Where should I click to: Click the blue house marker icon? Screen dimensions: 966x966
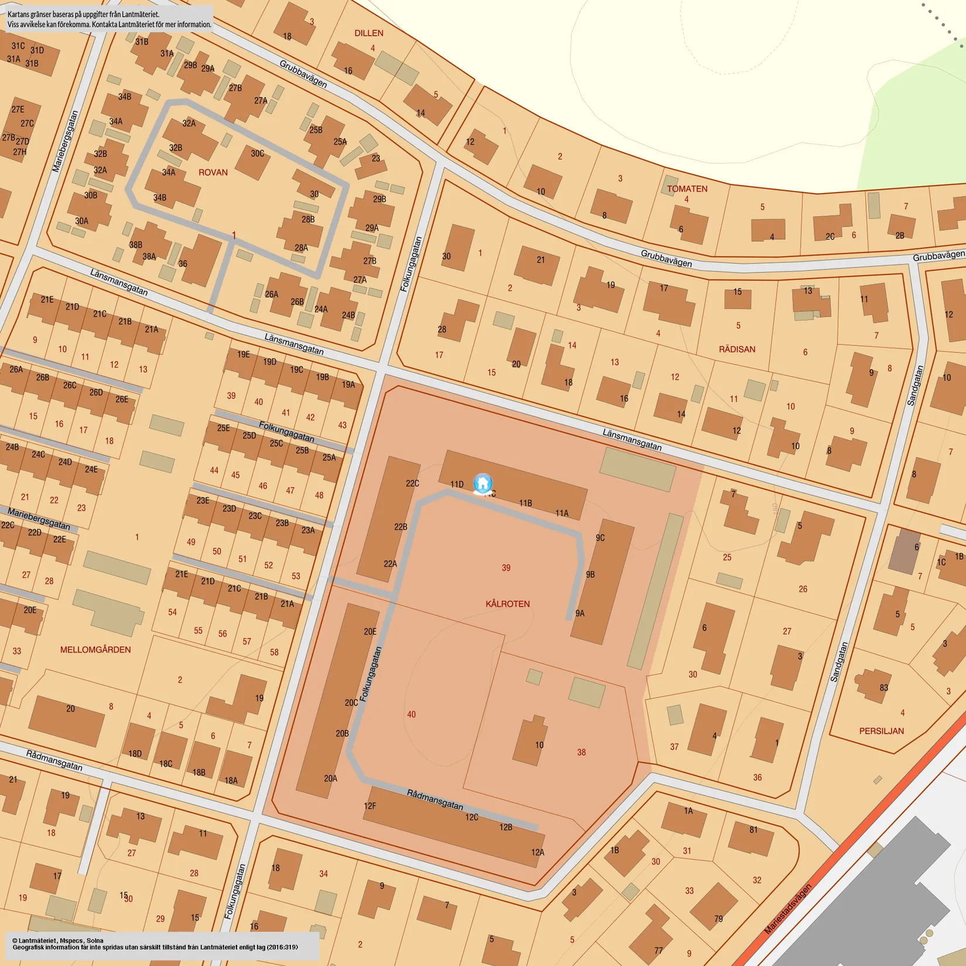(482, 484)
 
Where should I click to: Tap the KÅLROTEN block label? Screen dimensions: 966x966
(508, 604)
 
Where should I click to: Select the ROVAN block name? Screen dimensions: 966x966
(213, 172)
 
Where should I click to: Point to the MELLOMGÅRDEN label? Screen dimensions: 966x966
(95, 649)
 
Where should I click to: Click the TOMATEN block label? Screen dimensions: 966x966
(687, 189)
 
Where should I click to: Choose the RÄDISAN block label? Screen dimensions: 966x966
(737, 349)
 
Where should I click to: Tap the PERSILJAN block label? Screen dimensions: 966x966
(881, 731)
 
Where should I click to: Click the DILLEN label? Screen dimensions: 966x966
(369, 33)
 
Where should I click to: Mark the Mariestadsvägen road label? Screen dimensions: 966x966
(788, 909)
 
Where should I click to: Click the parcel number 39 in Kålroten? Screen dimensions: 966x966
(506, 567)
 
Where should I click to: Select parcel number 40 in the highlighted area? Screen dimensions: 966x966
(412, 714)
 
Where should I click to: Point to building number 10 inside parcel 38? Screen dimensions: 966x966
(539, 745)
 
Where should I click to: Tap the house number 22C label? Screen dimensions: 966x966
(412, 483)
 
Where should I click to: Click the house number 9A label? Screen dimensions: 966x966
(580, 613)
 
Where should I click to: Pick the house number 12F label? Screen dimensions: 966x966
(369, 806)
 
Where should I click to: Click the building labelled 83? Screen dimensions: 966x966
(883, 687)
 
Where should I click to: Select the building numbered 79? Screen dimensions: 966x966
(718, 918)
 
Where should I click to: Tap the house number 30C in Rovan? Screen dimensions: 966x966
(258, 153)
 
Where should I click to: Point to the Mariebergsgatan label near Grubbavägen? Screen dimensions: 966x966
(65, 141)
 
